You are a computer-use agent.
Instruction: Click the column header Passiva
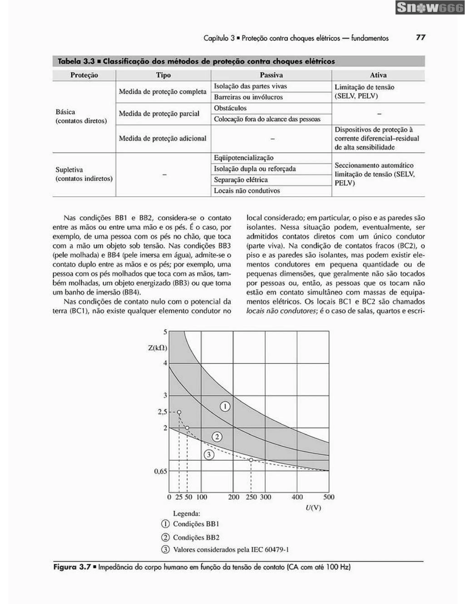271,75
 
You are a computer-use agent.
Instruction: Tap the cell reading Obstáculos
230,108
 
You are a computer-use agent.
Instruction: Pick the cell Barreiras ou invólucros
248,97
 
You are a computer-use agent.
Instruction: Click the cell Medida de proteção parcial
159,114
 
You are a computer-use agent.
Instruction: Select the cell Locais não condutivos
247,191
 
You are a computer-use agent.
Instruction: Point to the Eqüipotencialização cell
244,158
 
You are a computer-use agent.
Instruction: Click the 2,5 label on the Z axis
163,412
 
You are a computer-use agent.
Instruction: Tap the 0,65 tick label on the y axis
161,471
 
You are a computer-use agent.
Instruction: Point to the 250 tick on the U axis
251,497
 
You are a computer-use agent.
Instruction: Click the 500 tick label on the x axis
329,497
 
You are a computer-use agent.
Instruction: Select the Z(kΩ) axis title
158,348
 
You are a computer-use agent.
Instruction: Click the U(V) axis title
313,508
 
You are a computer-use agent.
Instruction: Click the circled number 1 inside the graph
225,406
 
